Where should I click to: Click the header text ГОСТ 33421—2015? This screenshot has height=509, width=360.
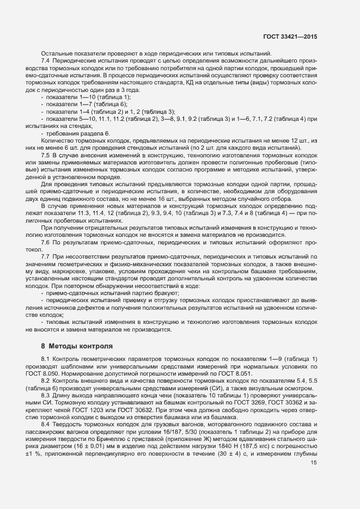290,36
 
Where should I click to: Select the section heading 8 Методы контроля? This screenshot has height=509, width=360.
77,346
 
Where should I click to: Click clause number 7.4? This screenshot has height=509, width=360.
46,61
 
